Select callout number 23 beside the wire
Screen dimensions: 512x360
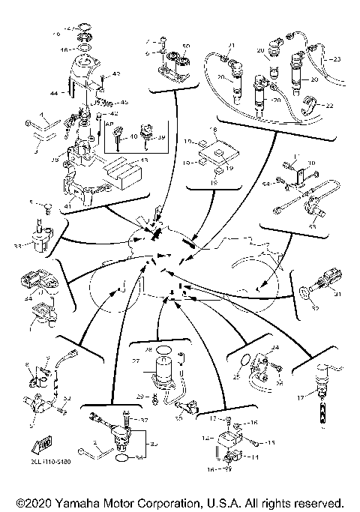(x=337, y=58)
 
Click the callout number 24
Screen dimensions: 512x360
(x=274, y=348)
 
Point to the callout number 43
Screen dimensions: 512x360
(x=116, y=73)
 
